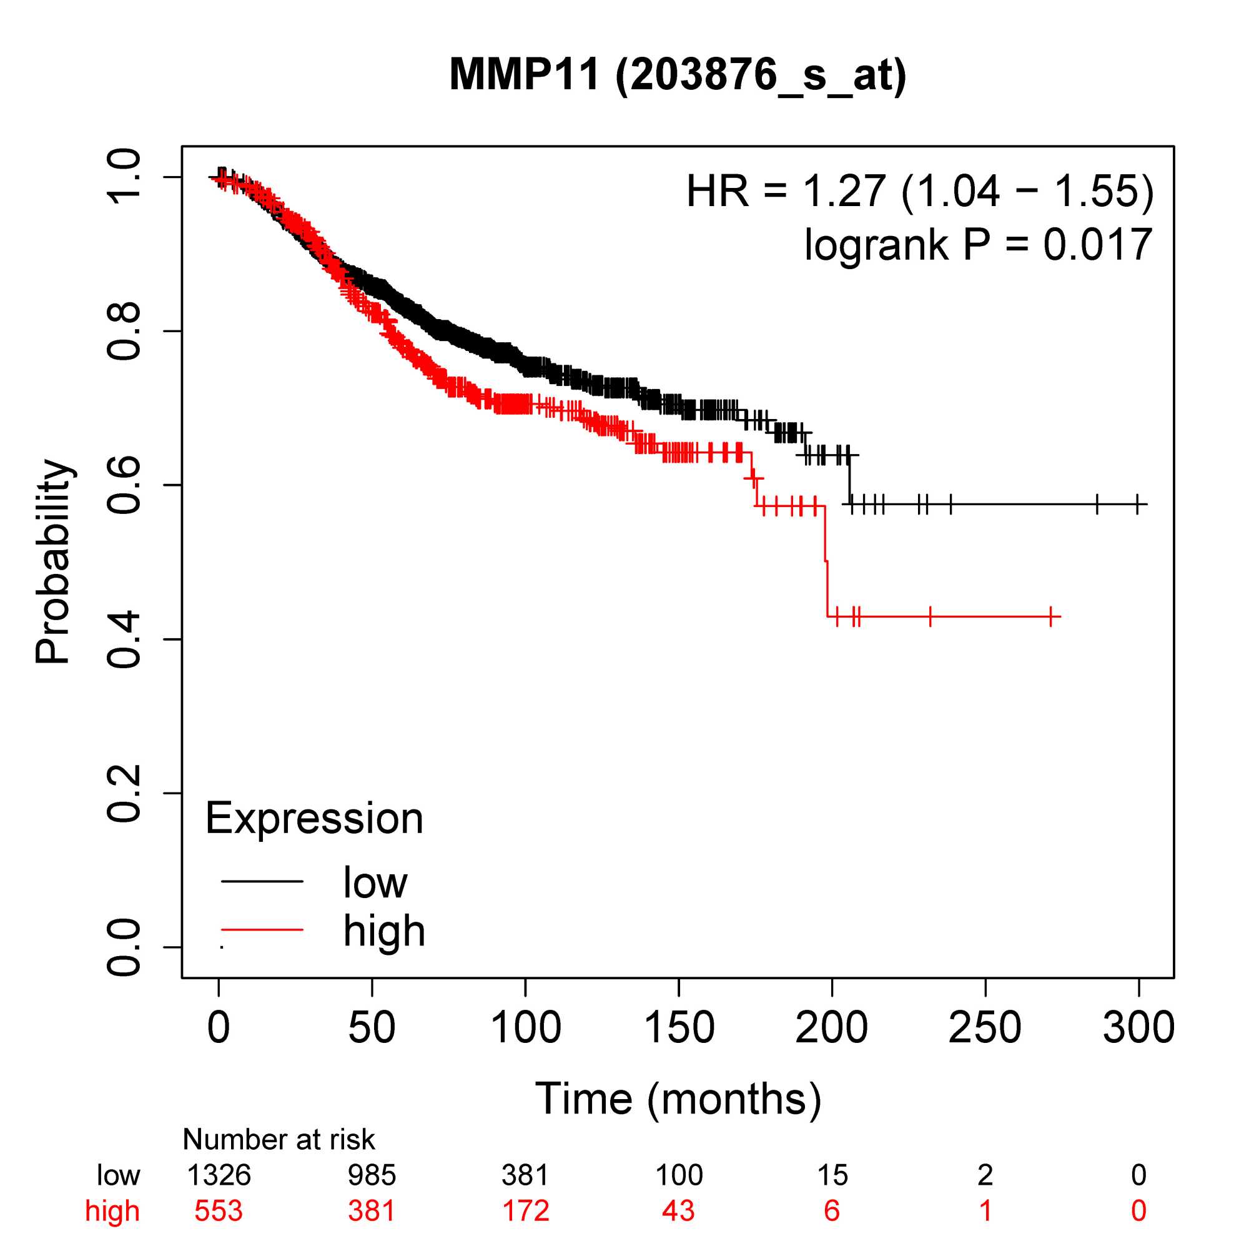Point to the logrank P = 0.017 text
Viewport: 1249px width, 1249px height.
tap(978, 245)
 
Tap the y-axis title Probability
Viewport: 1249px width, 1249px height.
tap(53, 562)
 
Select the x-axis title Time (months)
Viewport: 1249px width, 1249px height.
tap(678, 1098)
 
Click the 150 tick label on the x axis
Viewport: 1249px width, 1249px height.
tap(679, 1027)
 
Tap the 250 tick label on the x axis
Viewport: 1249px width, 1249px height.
tap(985, 1027)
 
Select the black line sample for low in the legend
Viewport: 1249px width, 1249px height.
tap(262, 881)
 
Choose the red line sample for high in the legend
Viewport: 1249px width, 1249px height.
tap(262, 930)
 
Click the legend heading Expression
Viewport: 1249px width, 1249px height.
tap(314, 819)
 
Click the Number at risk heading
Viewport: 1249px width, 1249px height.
tap(279, 1140)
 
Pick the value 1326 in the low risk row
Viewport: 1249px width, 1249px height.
tap(219, 1175)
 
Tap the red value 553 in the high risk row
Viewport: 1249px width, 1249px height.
tap(219, 1210)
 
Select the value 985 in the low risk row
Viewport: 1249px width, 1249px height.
tap(372, 1175)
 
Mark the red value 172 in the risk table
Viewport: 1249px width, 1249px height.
tap(526, 1210)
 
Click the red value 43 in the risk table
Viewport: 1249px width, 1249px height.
tap(678, 1210)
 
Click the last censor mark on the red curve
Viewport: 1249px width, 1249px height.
tap(1051, 617)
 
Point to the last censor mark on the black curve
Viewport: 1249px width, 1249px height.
tap(1137, 503)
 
